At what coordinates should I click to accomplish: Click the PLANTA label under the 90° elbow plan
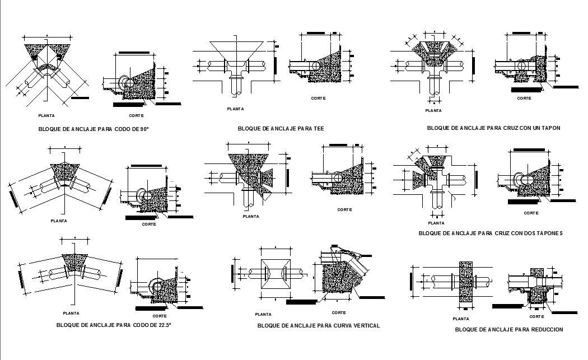click(x=46, y=115)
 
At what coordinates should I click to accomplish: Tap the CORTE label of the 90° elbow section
click(x=136, y=115)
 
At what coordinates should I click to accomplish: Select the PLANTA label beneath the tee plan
click(x=235, y=109)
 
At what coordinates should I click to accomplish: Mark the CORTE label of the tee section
click(x=319, y=98)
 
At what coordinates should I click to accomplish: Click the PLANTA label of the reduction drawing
click(x=465, y=317)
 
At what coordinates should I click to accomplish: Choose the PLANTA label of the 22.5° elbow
click(x=71, y=313)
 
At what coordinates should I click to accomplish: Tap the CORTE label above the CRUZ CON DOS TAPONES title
click(x=531, y=213)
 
